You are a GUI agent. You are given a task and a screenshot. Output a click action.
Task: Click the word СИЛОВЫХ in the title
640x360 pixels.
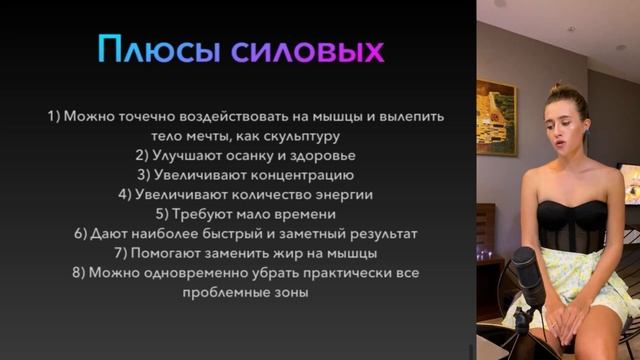coord(307,50)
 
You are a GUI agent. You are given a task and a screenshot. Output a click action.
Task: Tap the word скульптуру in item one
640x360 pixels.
coord(303,136)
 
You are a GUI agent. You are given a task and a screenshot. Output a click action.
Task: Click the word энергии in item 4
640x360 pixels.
coord(341,194)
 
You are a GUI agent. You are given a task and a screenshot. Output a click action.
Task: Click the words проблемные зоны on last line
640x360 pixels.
coord(246,294)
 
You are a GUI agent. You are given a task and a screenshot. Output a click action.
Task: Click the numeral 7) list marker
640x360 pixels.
coord(121,252)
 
